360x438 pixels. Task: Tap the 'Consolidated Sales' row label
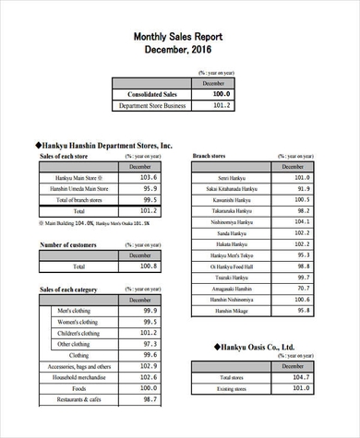[x=152, y=94]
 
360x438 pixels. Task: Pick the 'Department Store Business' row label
[x=152, y=106]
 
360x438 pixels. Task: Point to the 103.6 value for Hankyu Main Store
[x=148, y=177]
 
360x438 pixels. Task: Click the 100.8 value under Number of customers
[x=148, y=266]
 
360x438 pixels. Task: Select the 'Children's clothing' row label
[x=78, y=333]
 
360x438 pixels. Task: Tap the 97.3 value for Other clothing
[x=148, y=344]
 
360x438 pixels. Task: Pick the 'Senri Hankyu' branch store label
[x=231, y=177]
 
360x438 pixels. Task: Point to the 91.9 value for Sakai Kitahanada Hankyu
[x=302, y=188]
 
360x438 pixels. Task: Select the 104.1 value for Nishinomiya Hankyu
[x=302, y=221]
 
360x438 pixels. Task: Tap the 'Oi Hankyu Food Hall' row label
[x=231, y=266]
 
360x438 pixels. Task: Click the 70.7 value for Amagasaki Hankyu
[x=302, y=288]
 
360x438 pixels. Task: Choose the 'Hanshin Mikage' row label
[x=231, y=311]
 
